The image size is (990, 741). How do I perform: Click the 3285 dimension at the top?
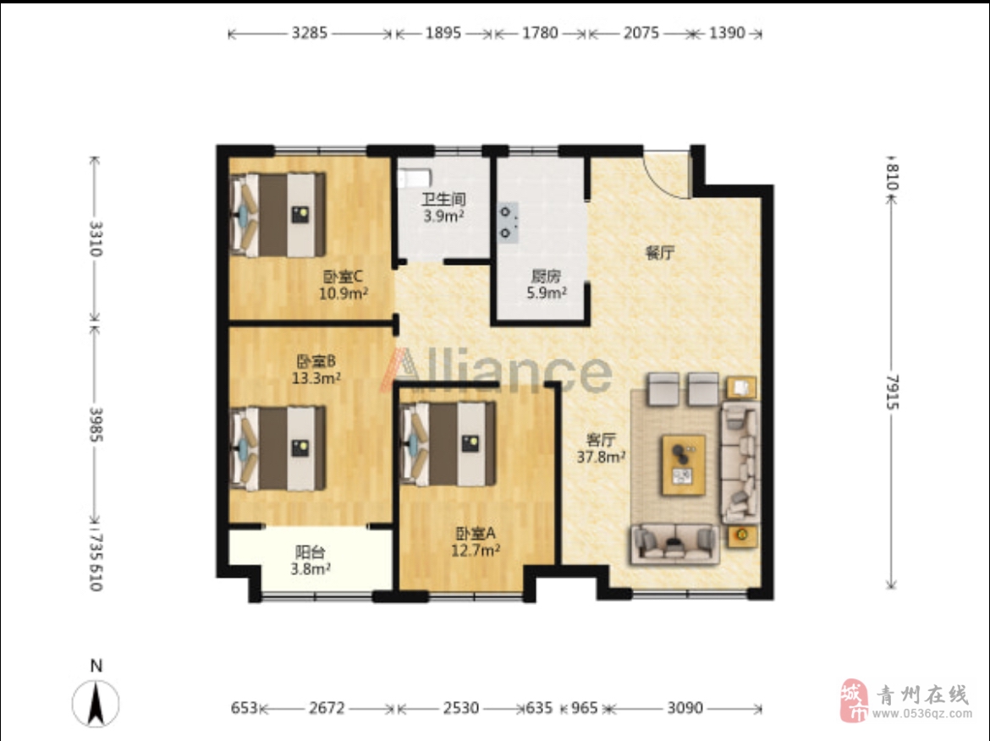310,33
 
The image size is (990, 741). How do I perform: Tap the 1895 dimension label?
443,33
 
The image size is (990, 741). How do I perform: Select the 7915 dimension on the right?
892,392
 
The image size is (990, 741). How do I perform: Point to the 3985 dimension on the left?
96,424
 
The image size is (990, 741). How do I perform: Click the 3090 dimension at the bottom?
685,708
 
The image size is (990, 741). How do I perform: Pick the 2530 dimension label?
461,708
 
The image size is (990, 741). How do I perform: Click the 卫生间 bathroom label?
444,200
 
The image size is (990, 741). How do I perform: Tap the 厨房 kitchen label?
546,277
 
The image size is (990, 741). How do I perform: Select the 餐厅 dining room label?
660,253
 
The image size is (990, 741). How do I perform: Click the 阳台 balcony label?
310,552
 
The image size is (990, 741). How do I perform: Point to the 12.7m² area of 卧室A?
476,551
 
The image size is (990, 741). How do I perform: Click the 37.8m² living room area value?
601,456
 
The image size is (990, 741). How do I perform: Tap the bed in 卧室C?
278,215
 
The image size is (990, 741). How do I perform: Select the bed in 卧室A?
448,444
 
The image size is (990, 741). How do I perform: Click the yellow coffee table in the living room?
684,465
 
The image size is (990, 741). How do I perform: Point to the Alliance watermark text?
496,370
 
